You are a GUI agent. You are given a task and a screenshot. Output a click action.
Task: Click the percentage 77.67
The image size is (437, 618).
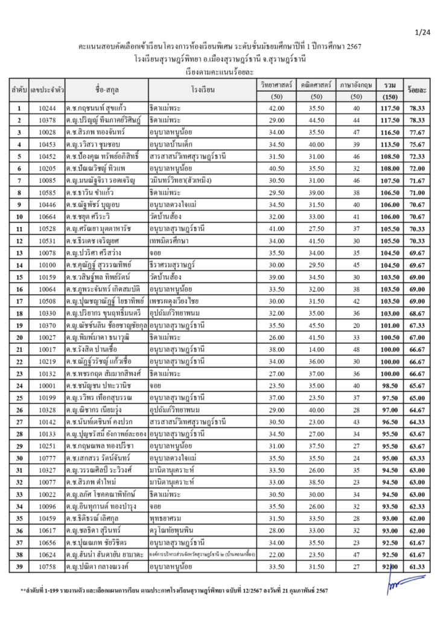click(416, 132)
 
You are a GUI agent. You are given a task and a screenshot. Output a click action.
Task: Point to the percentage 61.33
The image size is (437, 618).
click(416, 567)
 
